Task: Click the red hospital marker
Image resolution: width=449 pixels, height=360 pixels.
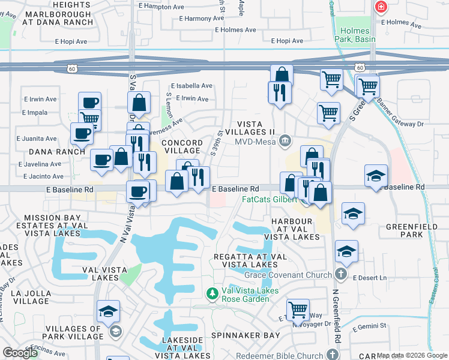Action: (380, 7)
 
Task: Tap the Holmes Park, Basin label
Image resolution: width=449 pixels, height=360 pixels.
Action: (360, 35)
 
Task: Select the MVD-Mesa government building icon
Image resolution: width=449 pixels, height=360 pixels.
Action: (286, 142)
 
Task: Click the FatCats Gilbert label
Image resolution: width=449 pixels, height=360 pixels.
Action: (270, 199)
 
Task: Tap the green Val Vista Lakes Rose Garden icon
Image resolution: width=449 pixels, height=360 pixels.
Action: (211, 294)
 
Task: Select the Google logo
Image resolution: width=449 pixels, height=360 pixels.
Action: (19, 352)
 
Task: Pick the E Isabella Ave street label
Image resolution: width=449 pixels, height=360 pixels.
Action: (191, 86)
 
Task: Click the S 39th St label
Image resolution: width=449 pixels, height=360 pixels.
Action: (218, 144)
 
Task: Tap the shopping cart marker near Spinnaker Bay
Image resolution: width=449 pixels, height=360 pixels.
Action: (298, 310)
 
